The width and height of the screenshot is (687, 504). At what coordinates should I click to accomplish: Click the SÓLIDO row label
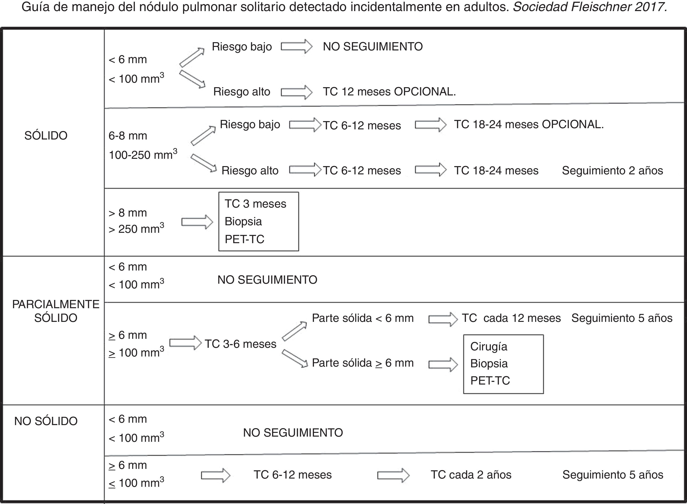coord(46,135)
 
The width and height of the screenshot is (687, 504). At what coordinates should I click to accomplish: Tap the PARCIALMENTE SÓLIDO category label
coord(56,311)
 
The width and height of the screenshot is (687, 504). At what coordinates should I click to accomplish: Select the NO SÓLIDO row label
coord(46,421)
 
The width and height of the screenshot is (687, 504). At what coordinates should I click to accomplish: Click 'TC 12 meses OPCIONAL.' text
coord(389,91)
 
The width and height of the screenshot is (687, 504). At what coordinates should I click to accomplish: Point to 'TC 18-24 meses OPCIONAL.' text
coord(529,124)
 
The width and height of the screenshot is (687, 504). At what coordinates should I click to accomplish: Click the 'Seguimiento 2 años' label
coord(612,170)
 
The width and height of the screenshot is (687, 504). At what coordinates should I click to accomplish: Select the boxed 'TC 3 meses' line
coord(255,204)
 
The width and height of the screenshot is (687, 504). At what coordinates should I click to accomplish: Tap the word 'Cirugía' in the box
coord(488,347)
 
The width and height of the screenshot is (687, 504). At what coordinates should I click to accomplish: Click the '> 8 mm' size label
coord(128,213)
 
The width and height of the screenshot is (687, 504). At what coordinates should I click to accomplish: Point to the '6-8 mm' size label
coord(128,136)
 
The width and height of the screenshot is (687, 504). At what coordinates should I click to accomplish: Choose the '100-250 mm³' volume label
coord(143,155)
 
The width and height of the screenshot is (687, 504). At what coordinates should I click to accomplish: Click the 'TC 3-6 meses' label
coord(240,344)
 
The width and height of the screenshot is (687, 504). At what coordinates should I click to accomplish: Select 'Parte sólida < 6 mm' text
coord(362,318)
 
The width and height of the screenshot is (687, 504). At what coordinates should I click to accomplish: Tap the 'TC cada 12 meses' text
coord(511,318)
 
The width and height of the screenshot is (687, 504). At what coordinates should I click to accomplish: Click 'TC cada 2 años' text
coord(471,475)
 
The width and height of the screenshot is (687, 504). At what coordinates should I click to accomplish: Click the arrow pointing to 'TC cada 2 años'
coord(393,475)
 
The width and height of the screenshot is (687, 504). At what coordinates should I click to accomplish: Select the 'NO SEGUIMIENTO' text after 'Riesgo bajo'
coord(373,47)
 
